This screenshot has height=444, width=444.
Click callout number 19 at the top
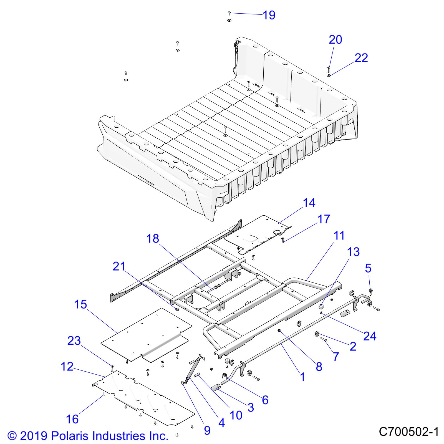pos(269,15)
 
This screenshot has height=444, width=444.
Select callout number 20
pos(335,40)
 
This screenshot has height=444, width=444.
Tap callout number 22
pos(361,58)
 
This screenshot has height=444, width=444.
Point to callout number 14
pos(309,203)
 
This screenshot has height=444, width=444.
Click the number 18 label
pos(153,238)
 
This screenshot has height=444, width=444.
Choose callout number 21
pos(119,266)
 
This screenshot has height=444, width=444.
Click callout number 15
pos(80,305)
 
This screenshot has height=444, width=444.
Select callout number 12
pos(67,367)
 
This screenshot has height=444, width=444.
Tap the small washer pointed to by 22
pos(329,75)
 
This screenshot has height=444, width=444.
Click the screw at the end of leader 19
pos(229,13)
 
